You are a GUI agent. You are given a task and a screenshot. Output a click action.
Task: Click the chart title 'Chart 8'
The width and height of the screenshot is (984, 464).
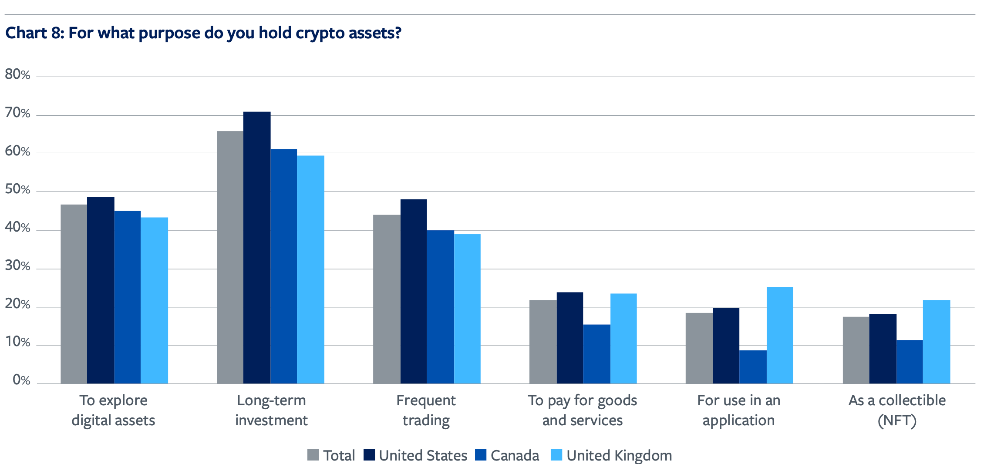[x=203, y=33]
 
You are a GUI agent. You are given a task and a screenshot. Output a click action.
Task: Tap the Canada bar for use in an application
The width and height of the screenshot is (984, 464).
[x=753, y=366]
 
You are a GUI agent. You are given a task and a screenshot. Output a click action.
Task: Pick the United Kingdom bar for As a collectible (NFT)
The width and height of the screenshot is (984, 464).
[x=936, y=341]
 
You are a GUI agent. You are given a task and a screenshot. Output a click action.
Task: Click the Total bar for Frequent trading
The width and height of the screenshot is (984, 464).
[x=387, y=299]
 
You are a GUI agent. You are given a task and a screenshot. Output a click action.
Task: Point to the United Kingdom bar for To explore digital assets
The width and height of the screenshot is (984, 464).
[x=154, y=300]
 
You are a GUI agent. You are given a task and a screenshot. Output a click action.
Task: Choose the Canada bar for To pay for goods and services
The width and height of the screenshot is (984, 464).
[x=596, y=353]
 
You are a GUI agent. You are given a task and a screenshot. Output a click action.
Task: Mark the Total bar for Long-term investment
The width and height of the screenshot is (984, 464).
[x=230, y=257]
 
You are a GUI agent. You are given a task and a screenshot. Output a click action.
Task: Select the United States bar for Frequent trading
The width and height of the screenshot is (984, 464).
[x=414, y=291]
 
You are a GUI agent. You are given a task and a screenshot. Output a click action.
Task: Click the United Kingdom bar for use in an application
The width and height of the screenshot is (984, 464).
[x=779, y=335]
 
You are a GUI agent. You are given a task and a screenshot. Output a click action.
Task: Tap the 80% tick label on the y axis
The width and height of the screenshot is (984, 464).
[x=18, y=74]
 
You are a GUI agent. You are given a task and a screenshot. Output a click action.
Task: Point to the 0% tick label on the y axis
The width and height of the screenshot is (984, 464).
[x=21, y=380]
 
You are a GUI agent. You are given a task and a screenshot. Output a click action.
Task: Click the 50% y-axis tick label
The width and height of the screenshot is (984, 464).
[x=18, y=189]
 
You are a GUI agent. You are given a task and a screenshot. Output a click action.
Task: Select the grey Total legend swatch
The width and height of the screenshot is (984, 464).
[x=313, y=455]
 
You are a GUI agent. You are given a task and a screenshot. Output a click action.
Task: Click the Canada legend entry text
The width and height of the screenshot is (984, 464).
[x=515, y=455]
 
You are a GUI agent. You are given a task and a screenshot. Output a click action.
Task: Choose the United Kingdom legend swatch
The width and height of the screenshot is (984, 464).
[x=556, y=455]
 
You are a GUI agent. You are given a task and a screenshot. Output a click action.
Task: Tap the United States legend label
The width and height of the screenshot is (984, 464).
[x=423, y=455]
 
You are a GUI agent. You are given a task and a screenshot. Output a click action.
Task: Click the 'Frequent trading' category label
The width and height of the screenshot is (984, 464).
[x=426, y=410]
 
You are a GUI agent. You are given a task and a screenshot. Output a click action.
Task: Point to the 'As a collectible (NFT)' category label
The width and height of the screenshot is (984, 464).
[x=897, y=410]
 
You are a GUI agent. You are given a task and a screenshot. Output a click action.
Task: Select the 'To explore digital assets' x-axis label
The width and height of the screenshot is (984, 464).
[x=113, y=410]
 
